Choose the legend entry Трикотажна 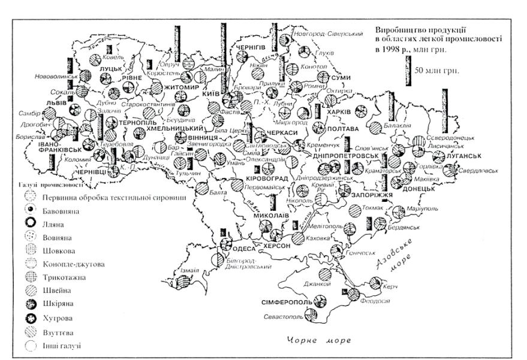[62, 277]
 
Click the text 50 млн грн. [437, 69]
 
